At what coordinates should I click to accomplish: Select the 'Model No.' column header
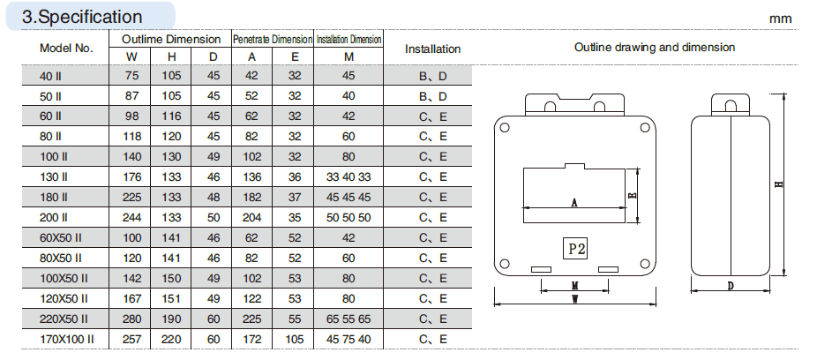pyautogui.click(x=66, y=49)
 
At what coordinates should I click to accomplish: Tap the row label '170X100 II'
pyautogui.click(x=67, y=339)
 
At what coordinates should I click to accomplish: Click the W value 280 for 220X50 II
pyautogui.click(x=131, y=319)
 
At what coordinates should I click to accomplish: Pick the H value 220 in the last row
pyautogui.click(x=171, y=339)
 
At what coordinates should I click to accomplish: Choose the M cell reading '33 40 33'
pyautogui.click(x=349, y=176)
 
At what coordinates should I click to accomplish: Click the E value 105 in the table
pyautogui.click(x=295, y=339)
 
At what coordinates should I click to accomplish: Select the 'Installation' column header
pyautogui.click(x=432, y=49)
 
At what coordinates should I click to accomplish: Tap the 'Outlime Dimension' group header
pyautogui.click(x=171, y=40)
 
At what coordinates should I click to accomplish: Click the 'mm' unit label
pyautogui.click(x=781, y=18)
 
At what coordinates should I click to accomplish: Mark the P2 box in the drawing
pyautogui.click(x=575, y=249)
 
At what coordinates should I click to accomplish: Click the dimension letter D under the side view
pyautogui.click(x=731, y=287)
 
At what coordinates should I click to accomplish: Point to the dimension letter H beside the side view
pyautogui.click(x=778, y=185)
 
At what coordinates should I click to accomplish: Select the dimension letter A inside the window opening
pyautogui.click(x=574, y=202)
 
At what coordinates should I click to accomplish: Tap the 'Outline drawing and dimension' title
pyautogui.click(x=655, y=48)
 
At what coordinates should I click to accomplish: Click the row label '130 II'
pyautogui.click(x=53, y=176)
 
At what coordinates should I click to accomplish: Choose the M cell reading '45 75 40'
pyautogui.click(x=349, y=339)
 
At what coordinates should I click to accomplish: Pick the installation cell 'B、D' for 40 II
pyautogui.click(x=432, y=76)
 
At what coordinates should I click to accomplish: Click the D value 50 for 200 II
pyautogui.click(x=214, y=217)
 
